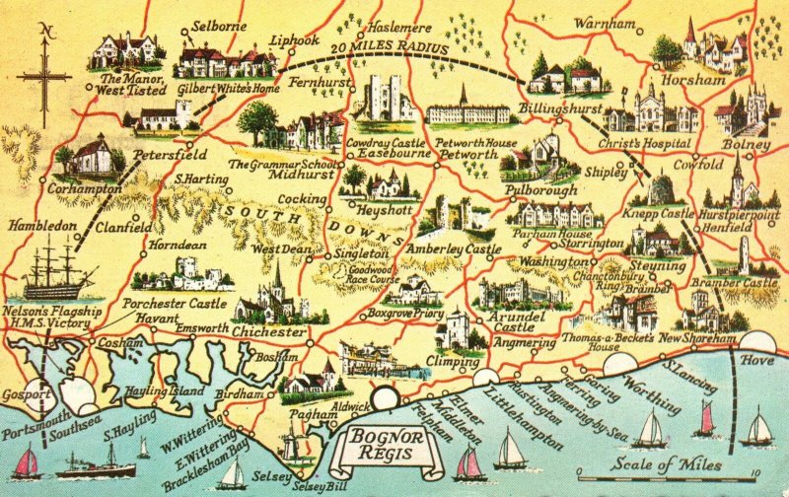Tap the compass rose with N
42,74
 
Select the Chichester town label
269,332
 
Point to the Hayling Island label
164,390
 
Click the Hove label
756,359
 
